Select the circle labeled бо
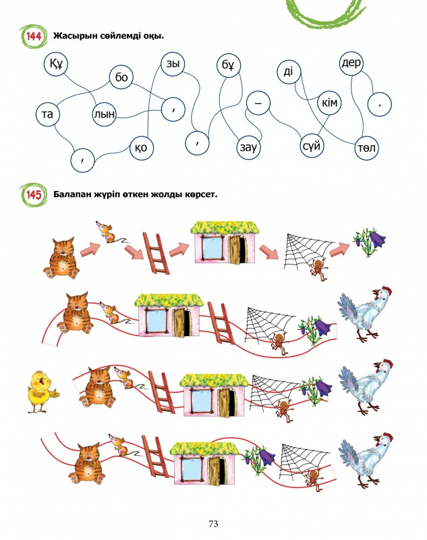[x=121, y=78]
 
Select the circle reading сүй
[x=313, y=145]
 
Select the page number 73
[x=213, y=523]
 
